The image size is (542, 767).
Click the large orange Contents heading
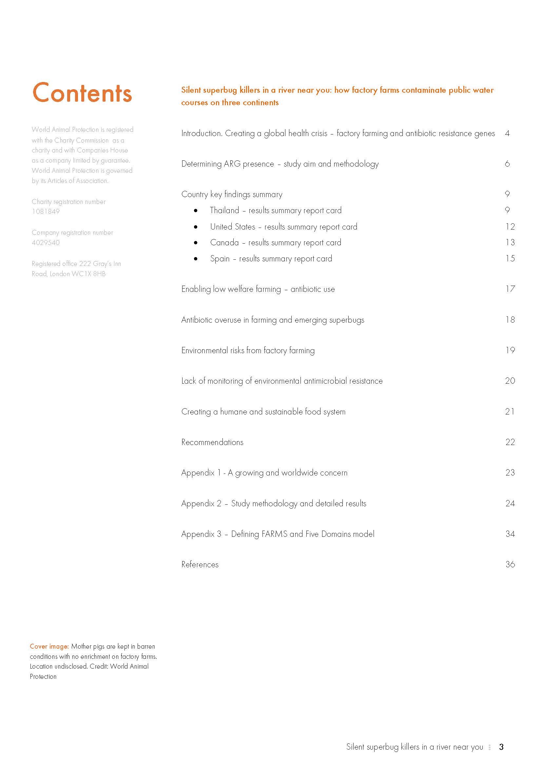(x=82, y=92)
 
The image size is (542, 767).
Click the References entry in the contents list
(x=200, y=564)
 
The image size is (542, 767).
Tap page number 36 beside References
(x=510, y=564)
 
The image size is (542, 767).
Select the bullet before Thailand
(x=196, y=211)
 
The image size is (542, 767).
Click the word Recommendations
(x=212, y=442)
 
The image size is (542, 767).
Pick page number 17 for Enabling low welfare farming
(x=510, y=289)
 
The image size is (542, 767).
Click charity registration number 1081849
(x=46, y=212)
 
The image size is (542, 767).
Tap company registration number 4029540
(x=46, y=243)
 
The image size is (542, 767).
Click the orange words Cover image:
(x=49, y=646)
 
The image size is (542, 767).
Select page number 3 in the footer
(x=501, y=747)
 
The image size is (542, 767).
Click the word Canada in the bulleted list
(x=224, y=243)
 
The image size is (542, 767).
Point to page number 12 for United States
(x=510, y=227)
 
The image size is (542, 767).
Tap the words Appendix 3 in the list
(x=201, y=534)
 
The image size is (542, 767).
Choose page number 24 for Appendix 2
(x=510, y=503)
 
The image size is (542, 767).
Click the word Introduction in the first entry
(x=202, y=133)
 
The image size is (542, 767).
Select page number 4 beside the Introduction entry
(x=507, y=133)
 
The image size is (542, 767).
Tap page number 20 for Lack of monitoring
(x=510, y=381)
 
